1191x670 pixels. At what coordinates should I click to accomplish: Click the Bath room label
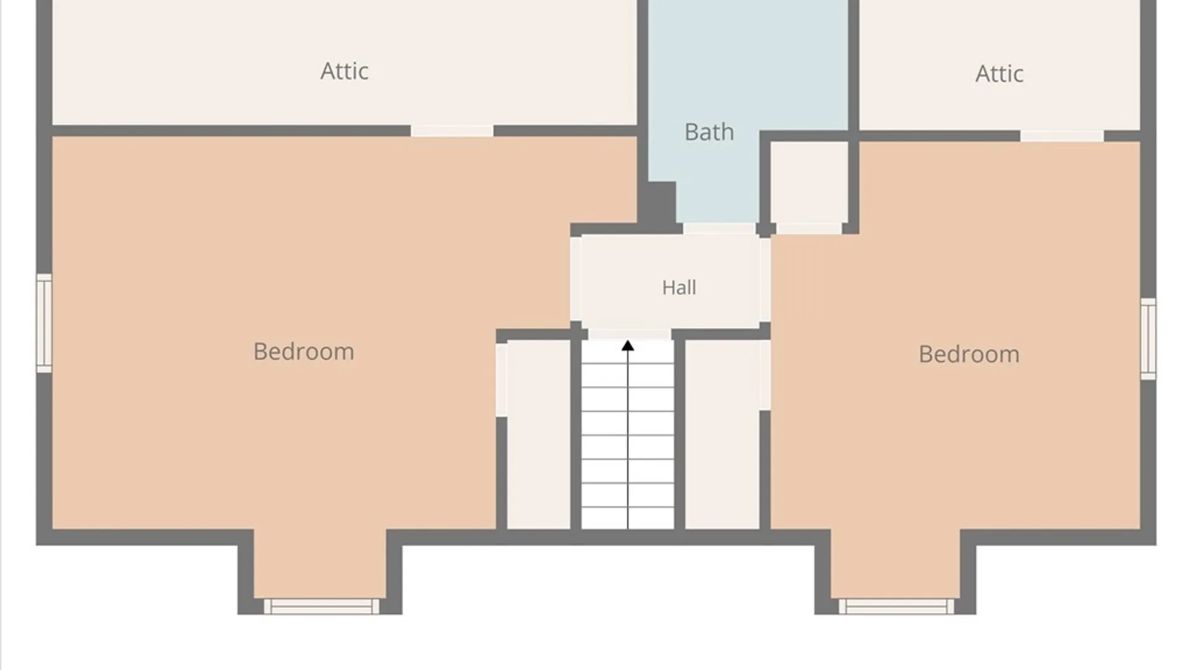click(x=709, y=132)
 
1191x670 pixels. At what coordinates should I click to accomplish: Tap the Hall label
click(x=679, y=287)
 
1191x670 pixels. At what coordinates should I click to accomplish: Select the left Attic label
click(x=344, y=71)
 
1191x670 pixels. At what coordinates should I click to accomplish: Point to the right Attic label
click(x=999, y=74)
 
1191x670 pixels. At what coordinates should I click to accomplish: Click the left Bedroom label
click(x=304, y=352)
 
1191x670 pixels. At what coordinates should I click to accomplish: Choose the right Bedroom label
click(x=969, y=354)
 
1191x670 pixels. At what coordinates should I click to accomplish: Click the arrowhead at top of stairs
click(x=628, y=346)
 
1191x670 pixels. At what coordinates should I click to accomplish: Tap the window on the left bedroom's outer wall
click(x=44, y=323)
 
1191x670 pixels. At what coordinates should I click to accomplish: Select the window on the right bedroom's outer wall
click(x=1148, y=339)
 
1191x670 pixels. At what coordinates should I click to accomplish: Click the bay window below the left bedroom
click(x=321, y=606)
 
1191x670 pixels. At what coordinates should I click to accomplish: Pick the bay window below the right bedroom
click(x=896, y=606)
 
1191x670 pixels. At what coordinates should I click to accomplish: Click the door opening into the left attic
click(x=452, y=131)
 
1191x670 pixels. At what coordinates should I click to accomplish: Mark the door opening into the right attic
click(x=1062, y=136)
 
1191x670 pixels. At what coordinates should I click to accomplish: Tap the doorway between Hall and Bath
click(x=719, y=229)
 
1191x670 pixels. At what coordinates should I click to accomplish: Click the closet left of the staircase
click(x=538, y=434)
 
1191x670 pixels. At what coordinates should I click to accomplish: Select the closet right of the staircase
click(x=722, y=434)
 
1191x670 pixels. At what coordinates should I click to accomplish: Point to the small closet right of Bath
click(x=809, y=182)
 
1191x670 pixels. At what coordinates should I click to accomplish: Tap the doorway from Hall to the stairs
click(x=629, y=335)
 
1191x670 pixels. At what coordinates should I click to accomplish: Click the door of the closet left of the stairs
click(x=501, y=380)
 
